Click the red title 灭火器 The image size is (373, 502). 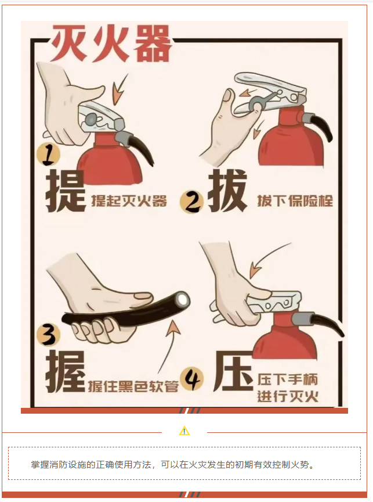(x=111, y=43)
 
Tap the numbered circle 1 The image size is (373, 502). (x=49, y=155)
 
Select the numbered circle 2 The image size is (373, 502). (x=191, y=202)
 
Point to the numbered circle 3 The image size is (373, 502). (x=49, y=334)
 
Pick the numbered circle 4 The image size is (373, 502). (x=192, y=380)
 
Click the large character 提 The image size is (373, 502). (x=66, y=191)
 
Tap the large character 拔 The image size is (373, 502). (x=227, y=191)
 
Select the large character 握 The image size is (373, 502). (x=66, y=371)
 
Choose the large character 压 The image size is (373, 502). (x=233, y=371)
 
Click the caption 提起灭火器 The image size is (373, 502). (x=129, y=201)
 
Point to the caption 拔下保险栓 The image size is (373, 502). (x=295, y=201)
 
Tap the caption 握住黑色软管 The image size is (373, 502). (x=133, y=386)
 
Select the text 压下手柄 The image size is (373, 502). (x=288, y=380)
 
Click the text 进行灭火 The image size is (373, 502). (x=288, y=397)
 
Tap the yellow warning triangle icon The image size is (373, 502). (x=184, y=431)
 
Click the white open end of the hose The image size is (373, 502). (x=183, y=299)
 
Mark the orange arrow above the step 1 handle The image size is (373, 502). (x=120, y=89)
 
